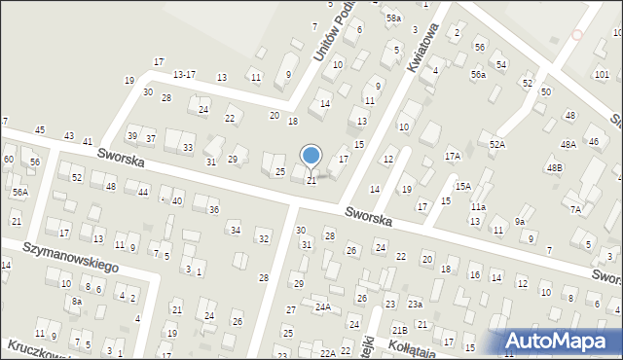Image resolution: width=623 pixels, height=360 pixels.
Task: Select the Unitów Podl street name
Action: coord(332,38)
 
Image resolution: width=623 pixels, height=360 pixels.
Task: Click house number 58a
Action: coord(393,18)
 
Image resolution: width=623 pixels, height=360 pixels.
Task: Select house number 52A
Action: coord(497,144)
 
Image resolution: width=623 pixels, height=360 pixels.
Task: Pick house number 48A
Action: coord(568,144)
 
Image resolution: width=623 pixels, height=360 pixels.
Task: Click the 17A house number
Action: coord(453,156)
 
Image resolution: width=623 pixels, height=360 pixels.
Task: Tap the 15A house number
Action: coord(463,186)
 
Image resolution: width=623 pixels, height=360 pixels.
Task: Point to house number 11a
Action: coord(478,207)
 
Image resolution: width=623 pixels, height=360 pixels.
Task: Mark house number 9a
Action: coord(521,222)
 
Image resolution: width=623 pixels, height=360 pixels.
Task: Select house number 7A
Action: coord(575,209)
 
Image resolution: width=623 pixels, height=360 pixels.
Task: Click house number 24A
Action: coord(322,306)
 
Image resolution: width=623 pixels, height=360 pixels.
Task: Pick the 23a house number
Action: coord(415,304)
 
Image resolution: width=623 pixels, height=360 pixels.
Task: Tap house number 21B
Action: coord(399,331)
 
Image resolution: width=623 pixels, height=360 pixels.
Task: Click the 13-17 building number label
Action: coord(184,74)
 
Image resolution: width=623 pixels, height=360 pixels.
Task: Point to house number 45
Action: coord(40,129)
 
